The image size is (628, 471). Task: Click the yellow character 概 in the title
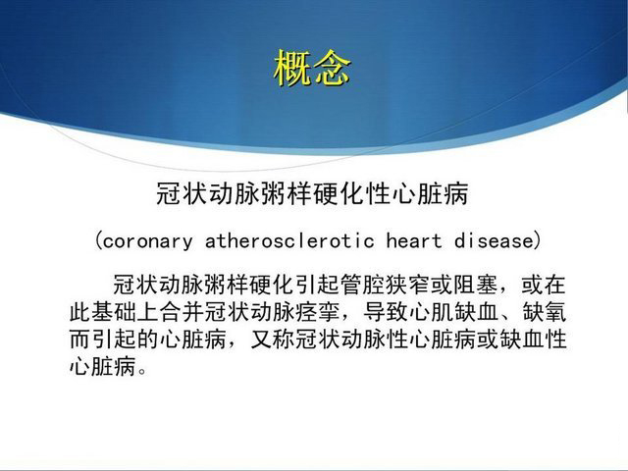(292, 68)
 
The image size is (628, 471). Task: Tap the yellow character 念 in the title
(332, 68)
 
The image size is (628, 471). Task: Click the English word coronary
(147, 241)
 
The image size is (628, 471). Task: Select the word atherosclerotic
(289, 240)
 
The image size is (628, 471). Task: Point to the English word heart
(414, 240)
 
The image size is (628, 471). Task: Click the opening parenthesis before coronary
(98, 241)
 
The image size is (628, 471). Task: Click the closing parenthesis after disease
(538, 241)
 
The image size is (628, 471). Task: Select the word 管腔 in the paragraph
(362, 285)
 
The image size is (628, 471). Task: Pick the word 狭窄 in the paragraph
(408, 285)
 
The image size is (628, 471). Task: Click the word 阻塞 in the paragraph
(476, 285)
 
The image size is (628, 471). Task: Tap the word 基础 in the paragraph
(114, 312)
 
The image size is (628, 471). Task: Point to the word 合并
(182, 312)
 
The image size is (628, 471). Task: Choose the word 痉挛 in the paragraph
(318, 312)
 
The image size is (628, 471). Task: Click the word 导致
(386, 312)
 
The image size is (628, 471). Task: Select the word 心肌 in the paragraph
(431, 312)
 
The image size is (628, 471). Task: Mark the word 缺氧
(544, 312)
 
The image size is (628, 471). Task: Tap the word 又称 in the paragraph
(273, 340)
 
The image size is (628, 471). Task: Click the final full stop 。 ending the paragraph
(141, 371)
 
